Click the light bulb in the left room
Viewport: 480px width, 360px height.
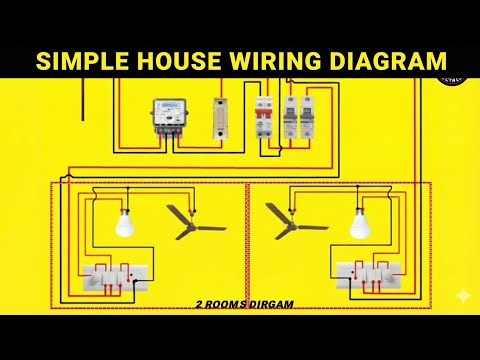[125, 224]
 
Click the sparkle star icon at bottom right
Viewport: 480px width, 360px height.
[458, 297]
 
